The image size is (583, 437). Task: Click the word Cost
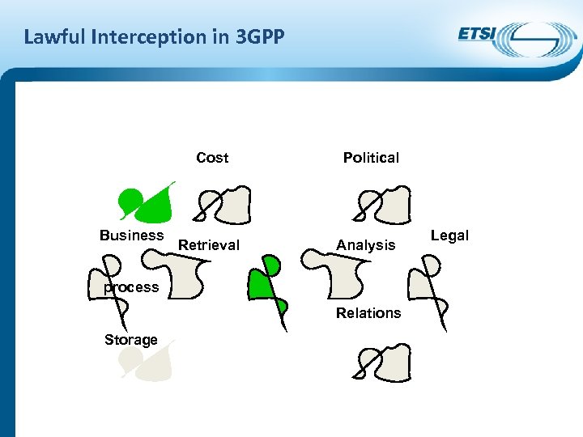pyautogui.click(x=212, y=158)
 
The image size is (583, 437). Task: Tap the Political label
pyautogui.click(x=371, y=158)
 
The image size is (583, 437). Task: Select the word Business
pyautogui.click(x=131, y=235)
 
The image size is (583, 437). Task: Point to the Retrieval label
pyautogui.click(x=209, y=245)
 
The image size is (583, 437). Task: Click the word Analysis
pyautogui.click(x=366, y=245)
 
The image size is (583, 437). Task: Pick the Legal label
pyautogui.click(x=449, y=235)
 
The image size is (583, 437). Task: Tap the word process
pyautogui.click(x=130, y=287)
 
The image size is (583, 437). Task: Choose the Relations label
pyautogui.click(x=368, y=313)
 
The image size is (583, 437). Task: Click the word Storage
pyautogui.click(x=130, y=340)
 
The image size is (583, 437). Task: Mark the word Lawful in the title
pyautogui.click(x=51, y=36)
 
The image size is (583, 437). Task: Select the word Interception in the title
pyautogui.click(x=131, y=36)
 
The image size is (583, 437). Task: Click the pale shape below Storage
pyautogui.click(x=150, y=361)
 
